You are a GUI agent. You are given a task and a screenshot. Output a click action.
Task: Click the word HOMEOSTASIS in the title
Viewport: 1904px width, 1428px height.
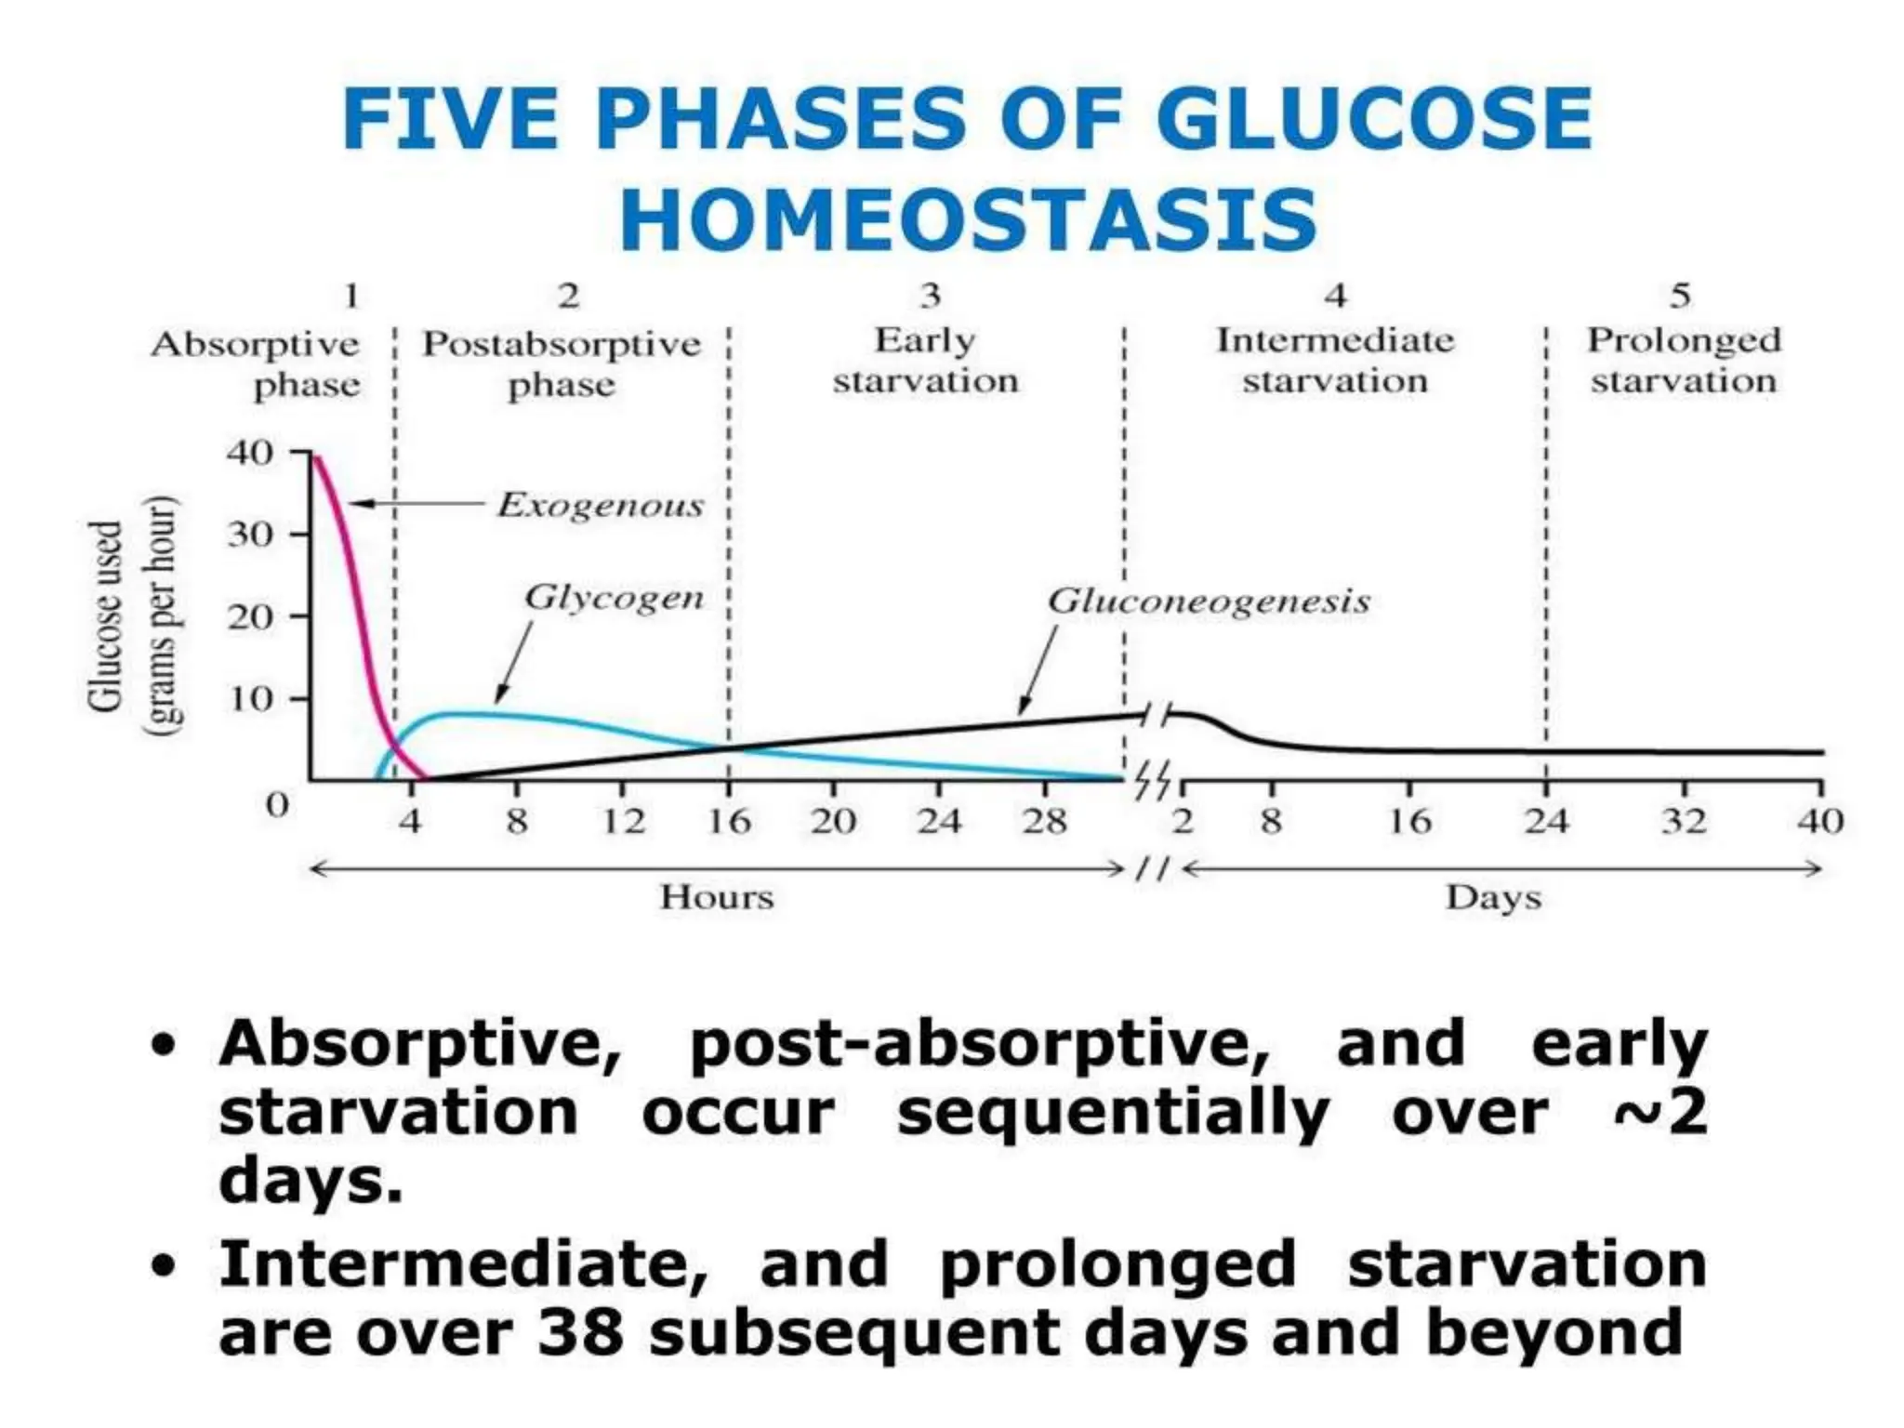point(967,219)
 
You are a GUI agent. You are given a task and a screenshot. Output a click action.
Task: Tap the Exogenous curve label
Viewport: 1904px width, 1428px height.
point(600,505)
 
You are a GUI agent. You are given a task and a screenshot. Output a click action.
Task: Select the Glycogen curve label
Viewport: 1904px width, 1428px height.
point(614,597)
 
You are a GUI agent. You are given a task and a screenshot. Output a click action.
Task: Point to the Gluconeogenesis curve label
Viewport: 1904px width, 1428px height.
point(1208,602)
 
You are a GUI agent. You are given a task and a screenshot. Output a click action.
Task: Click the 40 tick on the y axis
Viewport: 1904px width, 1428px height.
point(249,453)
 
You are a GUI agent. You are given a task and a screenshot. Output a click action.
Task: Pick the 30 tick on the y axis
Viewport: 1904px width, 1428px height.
point(249,535)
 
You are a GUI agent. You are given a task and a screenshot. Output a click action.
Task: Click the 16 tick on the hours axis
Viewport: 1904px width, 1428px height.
point(728,821)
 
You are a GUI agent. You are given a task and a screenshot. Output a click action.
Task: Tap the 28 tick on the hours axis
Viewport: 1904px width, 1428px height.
point(1044,821)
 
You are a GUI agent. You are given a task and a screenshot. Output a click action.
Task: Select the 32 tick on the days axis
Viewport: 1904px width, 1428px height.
point(1684,821)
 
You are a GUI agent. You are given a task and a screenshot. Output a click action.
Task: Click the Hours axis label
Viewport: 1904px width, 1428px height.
point(717,897)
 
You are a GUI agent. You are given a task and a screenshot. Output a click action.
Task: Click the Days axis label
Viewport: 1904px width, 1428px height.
point(1493,897)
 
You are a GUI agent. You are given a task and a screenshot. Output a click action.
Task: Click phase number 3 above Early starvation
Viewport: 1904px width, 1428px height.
point(930,296)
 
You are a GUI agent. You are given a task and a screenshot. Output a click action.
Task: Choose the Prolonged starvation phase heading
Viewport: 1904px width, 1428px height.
point(1683,361)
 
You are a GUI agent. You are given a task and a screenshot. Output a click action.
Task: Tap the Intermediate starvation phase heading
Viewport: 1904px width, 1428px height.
point(1335,361)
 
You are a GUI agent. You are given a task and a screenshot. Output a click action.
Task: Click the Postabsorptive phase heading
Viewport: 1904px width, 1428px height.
point(562,364)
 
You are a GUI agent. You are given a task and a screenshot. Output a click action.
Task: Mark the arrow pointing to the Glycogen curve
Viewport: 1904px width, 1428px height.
point(514,663)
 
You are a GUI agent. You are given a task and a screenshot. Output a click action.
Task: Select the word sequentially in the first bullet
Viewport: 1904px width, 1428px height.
point(1112,1113)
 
